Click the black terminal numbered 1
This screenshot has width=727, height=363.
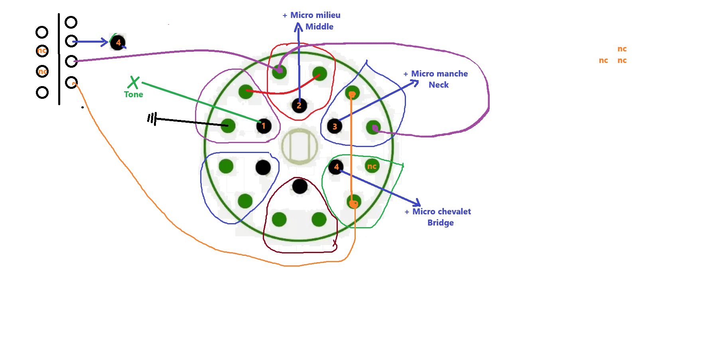[x=264, y=126]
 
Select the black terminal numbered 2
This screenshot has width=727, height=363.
[x=299, y=106]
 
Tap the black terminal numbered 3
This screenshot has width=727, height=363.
[x=335, y=126]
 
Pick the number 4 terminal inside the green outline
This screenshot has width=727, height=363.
[x=336, y=167]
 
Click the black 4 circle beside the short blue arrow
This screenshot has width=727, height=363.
[x=118, y=42]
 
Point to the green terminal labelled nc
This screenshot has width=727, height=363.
[x=372, y=166]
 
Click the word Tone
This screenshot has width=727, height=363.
[x=133, y=94]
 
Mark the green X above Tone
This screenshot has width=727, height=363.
[x=134, y=82]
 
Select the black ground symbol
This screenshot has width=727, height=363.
[x=152, y=118]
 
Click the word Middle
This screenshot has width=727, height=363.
[x=319, y=27]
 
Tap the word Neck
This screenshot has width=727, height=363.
[x=438, y=85]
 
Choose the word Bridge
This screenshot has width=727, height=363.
[x=440, y=223]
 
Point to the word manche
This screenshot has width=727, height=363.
[x=451, y=74]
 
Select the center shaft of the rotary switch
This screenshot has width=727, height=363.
[x=299, y=146]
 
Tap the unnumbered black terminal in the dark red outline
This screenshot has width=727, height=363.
[x=299, y=186]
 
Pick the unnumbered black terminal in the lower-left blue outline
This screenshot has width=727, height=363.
[x=263, y=167]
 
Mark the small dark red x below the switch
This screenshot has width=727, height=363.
[x=335, y=243]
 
